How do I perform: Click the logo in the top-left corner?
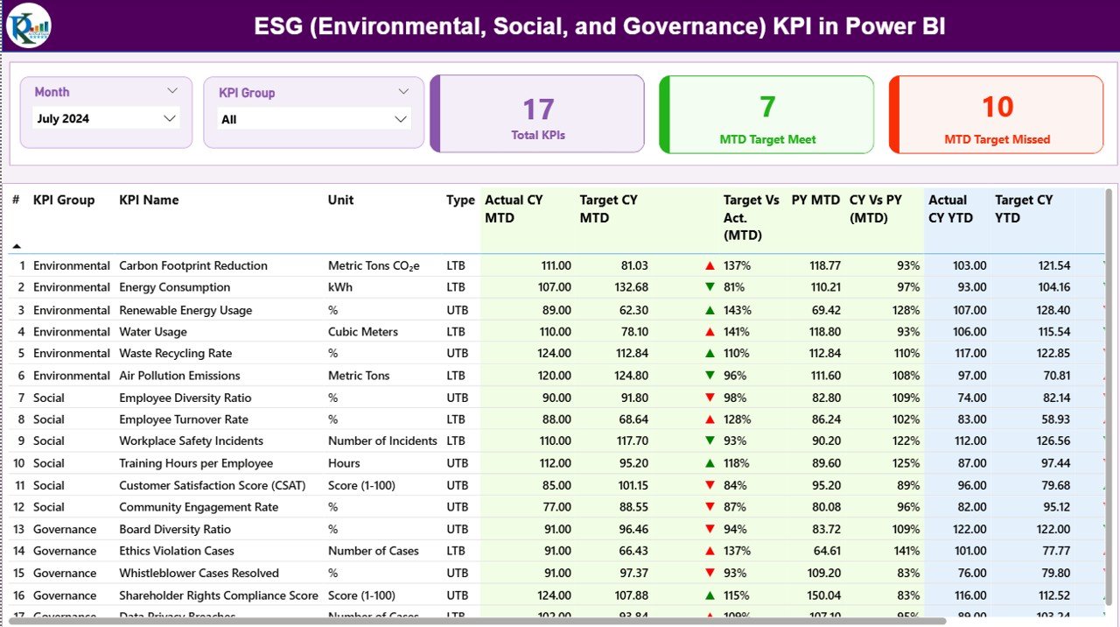pos(28,25)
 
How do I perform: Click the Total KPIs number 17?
pos(538,109)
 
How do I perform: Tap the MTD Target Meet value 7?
pos(767,107)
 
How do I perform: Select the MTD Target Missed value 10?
pos(997,107)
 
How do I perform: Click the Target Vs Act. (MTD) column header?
pos(751,217)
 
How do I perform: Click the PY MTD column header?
pos(815,201)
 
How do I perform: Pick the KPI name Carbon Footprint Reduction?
pos(193,265)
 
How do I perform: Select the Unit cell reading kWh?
pos(340,287)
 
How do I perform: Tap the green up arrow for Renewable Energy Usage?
pos(710,310)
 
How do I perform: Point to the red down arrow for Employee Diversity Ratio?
pos(710,398)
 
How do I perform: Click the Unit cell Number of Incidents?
pos(382,441)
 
